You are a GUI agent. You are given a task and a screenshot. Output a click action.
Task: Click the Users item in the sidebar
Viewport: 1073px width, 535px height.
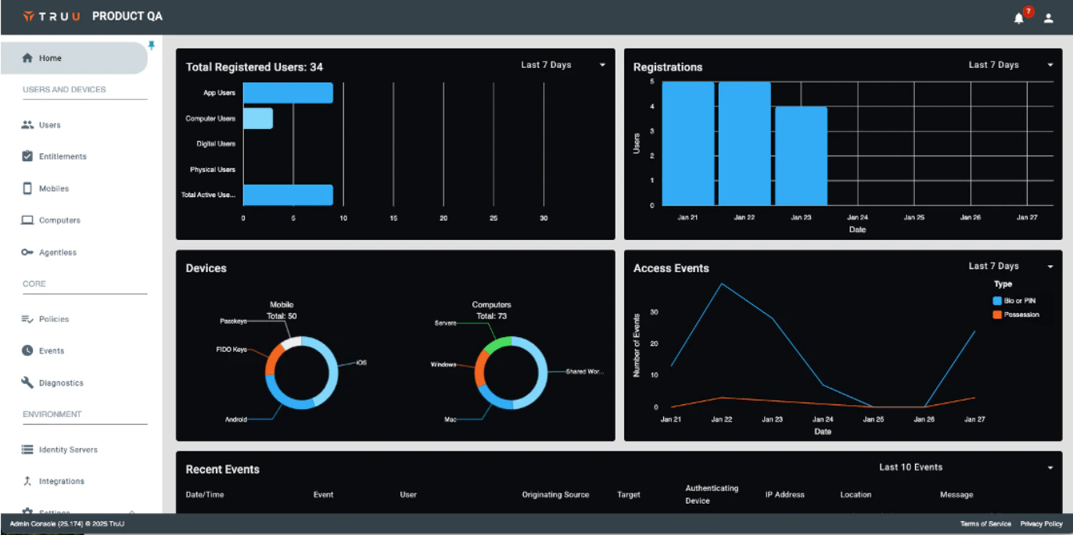click(x=49, y=125)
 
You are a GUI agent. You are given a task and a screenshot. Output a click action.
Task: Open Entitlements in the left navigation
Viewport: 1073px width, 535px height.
click(x=63, y=156)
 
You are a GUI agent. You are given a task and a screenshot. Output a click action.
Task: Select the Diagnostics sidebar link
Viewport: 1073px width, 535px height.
click(x=61, y=383)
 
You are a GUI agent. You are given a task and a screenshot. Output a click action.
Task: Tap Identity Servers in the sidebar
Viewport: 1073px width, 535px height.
click(x=68, y=450)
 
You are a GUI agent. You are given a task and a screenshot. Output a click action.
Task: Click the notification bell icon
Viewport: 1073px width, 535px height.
click(x=1018, y=18)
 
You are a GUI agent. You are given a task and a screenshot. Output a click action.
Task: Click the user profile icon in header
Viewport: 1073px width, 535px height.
click(x=1049, y=18)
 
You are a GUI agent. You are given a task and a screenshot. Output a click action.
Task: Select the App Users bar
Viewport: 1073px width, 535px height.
click(x=288, y=93)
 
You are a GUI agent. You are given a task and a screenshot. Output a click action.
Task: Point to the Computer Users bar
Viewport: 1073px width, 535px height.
click(x=258, y=119)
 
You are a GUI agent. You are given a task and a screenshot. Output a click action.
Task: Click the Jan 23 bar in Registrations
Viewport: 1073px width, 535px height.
click(x=801, y=156)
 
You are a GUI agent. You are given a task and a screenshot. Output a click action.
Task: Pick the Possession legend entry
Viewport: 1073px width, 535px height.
click(x=1021, y=314)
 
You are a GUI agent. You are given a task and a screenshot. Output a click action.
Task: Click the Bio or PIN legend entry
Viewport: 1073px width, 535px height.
click(x=1019, y=300)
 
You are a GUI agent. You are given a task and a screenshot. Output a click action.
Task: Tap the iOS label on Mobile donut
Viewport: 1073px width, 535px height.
click(x=361, y=363)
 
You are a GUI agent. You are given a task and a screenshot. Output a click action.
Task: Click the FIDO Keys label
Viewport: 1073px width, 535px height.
click(x=231, y=349)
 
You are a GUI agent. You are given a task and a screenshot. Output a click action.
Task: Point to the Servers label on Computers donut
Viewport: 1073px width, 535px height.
click(x=446, y=323)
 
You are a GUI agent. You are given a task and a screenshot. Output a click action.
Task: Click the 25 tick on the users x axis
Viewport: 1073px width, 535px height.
click(x=493, y=218)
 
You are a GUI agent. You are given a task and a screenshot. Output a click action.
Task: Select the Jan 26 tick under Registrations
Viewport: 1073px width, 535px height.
click(x=970, y=217)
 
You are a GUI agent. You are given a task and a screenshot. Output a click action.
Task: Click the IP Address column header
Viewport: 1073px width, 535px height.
click(x=784, y=494)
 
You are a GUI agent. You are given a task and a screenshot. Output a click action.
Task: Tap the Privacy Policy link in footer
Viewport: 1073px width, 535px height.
click(x=1041, y=524)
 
